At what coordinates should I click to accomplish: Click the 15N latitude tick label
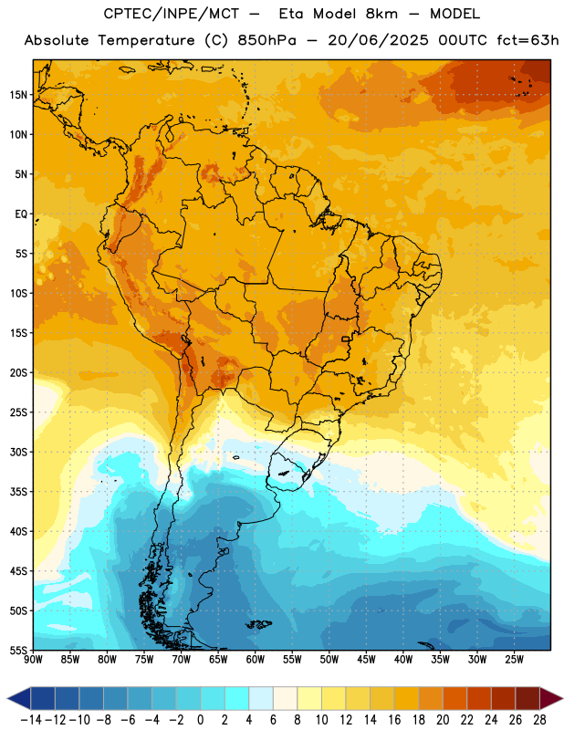pyautogui.click(x=18, y=95)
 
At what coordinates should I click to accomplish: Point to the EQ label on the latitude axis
pyautogui.click(x=21, y=214)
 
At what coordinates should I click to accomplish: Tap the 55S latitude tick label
pyautogui.click(x=18, y=651)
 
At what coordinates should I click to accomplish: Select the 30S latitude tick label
pyautogui.click(x=18, y=452)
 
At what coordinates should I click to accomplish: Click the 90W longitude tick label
pyautogui.click(x=33, y=660)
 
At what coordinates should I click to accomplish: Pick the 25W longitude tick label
pyautogui.click(x=514, y=660)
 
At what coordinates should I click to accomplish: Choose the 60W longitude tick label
pyautogui.click(x=256, y=660)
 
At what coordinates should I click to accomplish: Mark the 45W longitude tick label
pyautogui.click(x=367, y=660)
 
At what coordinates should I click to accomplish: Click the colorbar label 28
pyautogui.click(x=539, y=720)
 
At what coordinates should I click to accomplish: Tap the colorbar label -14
pyautogui.click(x=31, y=720)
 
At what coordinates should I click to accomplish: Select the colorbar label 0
pyautogui.click(x=200, y=720)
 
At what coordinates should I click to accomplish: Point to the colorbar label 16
pyautogui.click(x=394, y=720)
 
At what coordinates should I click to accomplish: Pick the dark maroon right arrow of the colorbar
pyautogui.click(x=550, y=698)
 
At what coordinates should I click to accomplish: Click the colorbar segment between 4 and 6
pyautogui.click(x=261, y=698)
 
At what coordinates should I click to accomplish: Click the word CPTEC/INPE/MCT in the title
pyautogui.click(x=172, y=14)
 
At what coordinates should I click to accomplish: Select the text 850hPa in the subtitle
pyautogui.click(x=266, y=40)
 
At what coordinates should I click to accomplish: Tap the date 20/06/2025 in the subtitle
pyautogui.click(x=378, y=40)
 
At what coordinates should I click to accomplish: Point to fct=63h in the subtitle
pyautogui.click(x=527, y=40)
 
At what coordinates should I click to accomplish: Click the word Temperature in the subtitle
pyautogui.click(x=146, y=40)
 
